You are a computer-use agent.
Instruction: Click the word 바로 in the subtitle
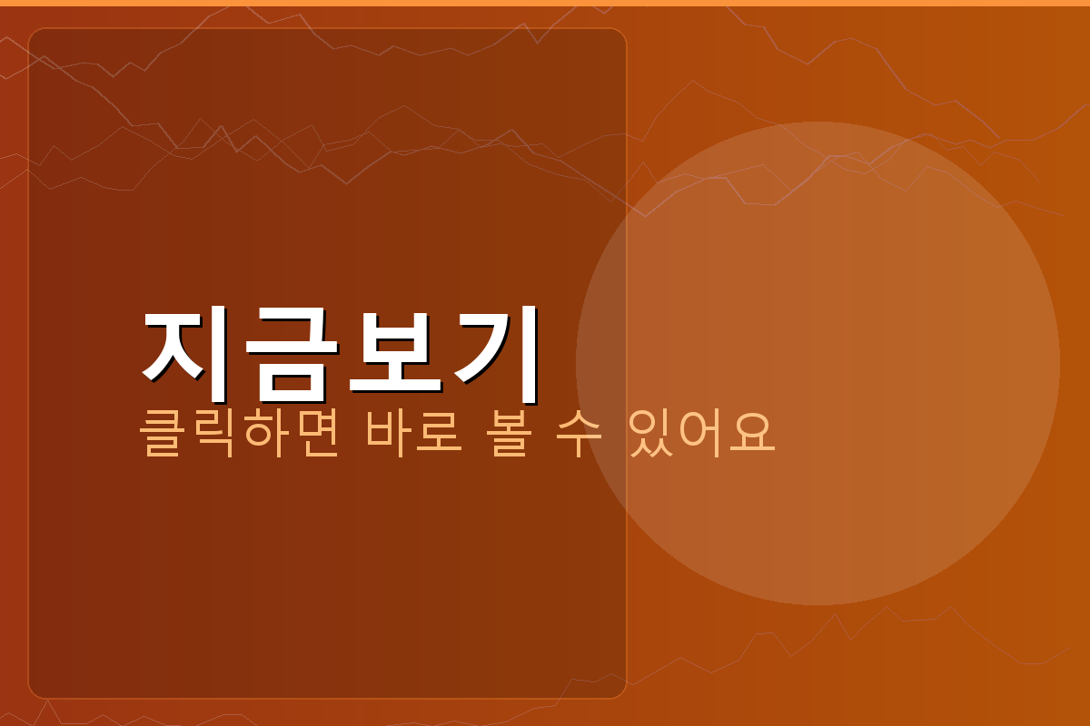click(x=414, y=435)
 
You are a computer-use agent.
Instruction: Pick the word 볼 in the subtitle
click(x=511, y=435)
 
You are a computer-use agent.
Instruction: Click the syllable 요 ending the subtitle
click(x=754, y=435)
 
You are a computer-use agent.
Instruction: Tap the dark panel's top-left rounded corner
click(x=34, y=34)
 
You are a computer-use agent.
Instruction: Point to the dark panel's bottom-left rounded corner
click(x=34, y=693)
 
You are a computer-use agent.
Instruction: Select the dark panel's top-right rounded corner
click(x=621, y=34)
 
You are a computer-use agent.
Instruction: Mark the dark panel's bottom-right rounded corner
click(x=621, y=693)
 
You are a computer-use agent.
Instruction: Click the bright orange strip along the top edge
click(x=545, y=3)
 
